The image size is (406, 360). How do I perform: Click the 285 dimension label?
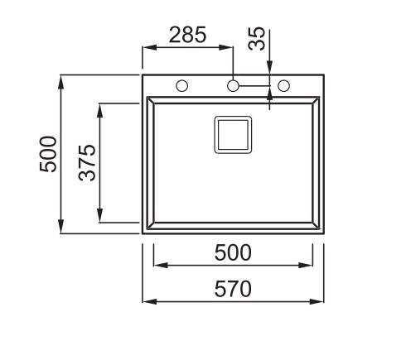[x=187, y=35]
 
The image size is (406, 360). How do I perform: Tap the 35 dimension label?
[x=257, y=38]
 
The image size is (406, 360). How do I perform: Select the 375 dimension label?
[x=87, y=163]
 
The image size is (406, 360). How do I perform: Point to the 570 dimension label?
[x=233, y=289]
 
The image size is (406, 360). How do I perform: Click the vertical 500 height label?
[x=48, y=154]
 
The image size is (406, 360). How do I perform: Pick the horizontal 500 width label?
[x=233, y=252]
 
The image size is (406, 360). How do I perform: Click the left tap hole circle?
[x=182, y=86]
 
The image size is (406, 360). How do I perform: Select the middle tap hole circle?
[x=233, y=86]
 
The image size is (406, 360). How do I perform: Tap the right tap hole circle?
[x=283, y=86]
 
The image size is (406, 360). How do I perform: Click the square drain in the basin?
[x=233, y=135]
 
